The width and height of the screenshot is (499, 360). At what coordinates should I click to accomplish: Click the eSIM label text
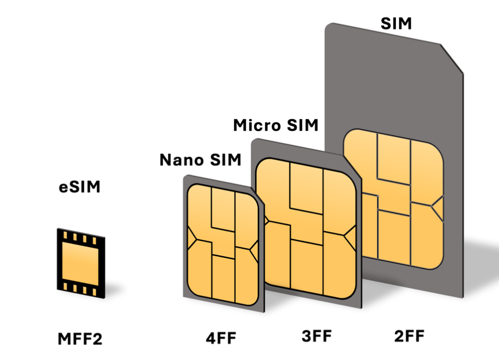(x=80, y=186)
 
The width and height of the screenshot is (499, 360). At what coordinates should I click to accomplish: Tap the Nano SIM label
(x=200, y=160)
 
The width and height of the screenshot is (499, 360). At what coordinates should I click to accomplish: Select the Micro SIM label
(x=275, y=125)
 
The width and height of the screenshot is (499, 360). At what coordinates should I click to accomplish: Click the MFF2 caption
(x=80, y=339)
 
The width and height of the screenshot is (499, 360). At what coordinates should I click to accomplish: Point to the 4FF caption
(x=221, y=338)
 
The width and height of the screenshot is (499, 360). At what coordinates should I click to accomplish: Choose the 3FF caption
(x=317, y=336)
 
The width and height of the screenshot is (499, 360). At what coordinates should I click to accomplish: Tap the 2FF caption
(x=409, y=336)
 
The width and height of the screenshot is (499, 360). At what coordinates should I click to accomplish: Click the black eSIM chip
(x=81, y=264)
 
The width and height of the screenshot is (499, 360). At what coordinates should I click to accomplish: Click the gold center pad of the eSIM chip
(x=81, y=264)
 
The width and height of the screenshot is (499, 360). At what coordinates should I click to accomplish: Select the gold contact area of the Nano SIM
(x=223, y=245)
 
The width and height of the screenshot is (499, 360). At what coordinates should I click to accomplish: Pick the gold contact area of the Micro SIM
(x=306, y=228)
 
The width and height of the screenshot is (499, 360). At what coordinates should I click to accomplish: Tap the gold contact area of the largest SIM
(x=393, y=199)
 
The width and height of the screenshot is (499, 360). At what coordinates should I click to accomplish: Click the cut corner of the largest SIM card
(x=452, y=59)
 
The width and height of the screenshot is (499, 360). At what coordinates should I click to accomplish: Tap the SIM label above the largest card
(x=396, y=23)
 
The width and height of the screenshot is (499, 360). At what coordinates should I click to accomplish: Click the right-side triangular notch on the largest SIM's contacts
(x=437, y=209)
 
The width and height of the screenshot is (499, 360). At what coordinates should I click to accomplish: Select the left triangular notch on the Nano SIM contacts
(x=192, y=238)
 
